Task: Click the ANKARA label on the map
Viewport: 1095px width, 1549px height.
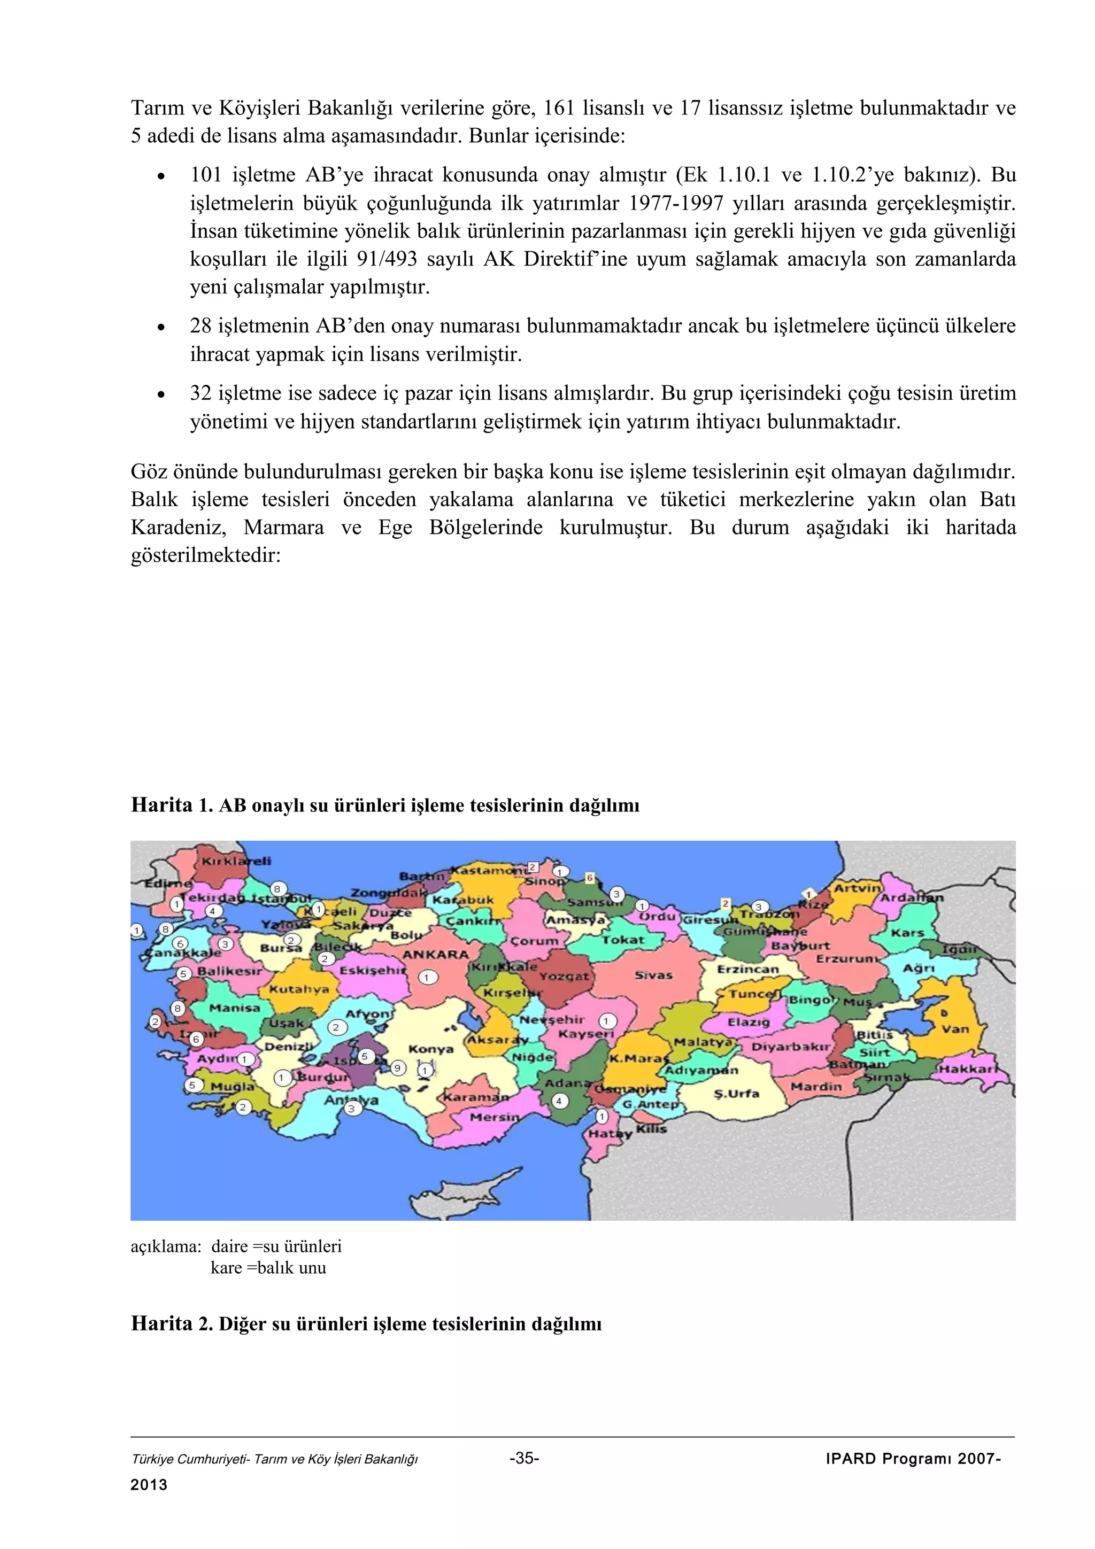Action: [435, 955]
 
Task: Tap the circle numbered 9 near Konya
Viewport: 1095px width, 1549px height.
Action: [398, 1067]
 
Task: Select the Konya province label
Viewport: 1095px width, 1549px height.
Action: [430, 1049]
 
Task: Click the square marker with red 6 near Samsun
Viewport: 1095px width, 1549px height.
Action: [590, 878]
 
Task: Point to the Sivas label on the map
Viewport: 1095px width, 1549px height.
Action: [653, 975]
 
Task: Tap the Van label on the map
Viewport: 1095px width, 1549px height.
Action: [955, 1029]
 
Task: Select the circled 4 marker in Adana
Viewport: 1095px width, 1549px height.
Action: [559, 1101]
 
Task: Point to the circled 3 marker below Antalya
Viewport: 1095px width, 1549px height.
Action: [350, 1108]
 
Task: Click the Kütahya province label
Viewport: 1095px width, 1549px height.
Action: [299, 990]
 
